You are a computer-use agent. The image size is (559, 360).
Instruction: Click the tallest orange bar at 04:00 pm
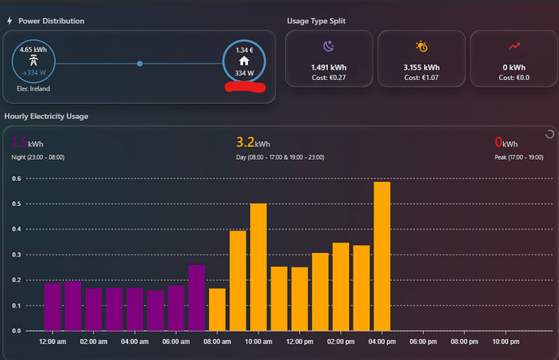(382, 256)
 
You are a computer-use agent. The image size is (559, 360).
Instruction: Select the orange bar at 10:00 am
(258, 267)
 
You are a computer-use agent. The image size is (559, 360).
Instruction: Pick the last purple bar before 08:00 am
(196, 298)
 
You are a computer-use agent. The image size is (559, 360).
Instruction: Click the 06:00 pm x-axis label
(424, 342)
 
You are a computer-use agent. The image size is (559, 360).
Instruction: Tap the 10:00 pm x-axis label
(506, 342)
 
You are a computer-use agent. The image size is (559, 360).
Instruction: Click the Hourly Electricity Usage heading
(46, 117)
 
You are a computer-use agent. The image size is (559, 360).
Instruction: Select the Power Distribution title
(51, 21)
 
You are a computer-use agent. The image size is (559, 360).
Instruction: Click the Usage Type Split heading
(317, 21)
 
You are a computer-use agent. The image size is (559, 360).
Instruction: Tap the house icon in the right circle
(244, 60)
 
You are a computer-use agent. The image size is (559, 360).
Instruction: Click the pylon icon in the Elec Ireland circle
(33, 61)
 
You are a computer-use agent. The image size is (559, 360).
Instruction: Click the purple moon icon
(329, 47)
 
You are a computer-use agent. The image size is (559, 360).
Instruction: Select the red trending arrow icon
(514, 47)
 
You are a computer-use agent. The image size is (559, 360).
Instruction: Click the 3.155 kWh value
(421, 67)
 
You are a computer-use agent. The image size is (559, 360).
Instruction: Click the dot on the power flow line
(140, 63)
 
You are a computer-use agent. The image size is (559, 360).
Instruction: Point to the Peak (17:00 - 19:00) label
(518, 156)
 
